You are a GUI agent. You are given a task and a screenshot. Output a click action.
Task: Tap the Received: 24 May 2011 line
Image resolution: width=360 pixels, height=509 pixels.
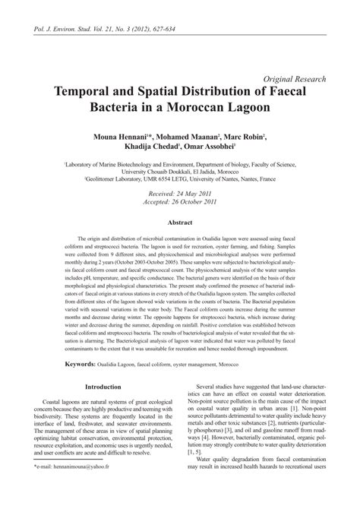[180, 194]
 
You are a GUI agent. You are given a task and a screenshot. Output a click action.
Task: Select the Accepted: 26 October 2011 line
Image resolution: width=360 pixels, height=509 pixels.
[180, 203]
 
